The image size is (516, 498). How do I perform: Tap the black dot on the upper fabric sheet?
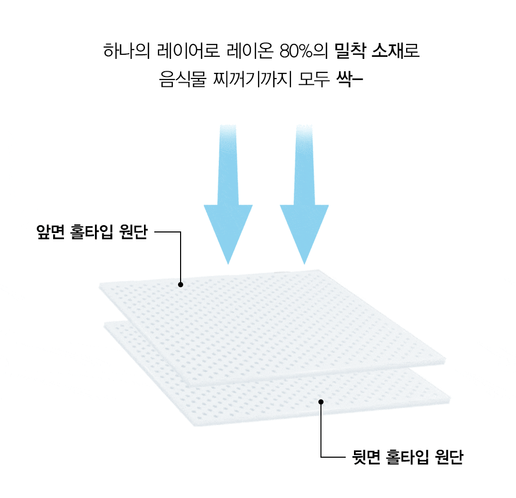point(181,284)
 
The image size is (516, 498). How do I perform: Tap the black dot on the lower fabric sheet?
point(321,401)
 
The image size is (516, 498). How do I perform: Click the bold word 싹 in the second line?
point(344,81)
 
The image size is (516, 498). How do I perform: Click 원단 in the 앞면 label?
point(134,232)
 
